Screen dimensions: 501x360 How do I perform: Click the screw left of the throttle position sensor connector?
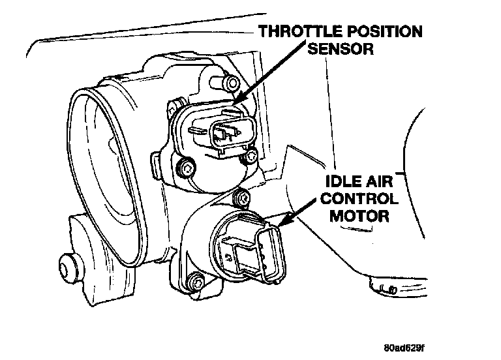pyautogui.click(x=187, y=169)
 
